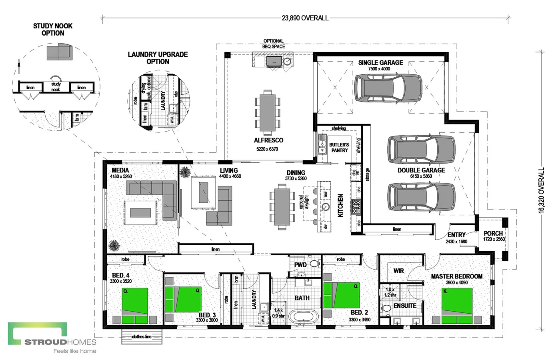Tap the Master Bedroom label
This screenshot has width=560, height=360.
tap(456, 276)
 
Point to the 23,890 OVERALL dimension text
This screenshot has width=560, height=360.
tap(305, 18)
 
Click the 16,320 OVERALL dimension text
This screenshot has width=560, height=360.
tap(542, 190)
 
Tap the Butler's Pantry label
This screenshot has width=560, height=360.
tap(339, 148)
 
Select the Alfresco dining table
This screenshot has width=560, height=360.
tap(268, 112)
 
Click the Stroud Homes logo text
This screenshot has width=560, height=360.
tap(60, 342)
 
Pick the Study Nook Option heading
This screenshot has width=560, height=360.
tap(53, 30)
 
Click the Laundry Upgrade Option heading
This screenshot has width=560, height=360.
tap(158, 58)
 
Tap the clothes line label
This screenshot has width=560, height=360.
tap(142, 337)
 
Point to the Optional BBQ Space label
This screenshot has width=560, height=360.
tap(274, 44)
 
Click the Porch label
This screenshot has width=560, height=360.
tap(493, 234)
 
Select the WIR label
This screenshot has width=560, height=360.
tap(398, 271)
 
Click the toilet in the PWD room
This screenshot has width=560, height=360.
tap(314, 264)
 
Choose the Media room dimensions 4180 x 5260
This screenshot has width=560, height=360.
tap(121, 176)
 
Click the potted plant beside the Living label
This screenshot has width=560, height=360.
tap(185, 172)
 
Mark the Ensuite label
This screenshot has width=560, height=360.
tap(405, 306)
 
